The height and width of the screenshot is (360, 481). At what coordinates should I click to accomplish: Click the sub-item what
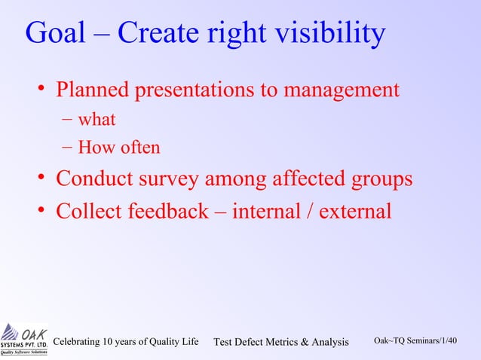97,119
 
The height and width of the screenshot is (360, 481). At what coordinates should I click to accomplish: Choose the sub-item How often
119,147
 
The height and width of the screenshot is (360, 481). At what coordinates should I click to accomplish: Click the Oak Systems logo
24,339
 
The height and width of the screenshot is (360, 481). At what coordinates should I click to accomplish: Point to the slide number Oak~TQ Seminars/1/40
415,341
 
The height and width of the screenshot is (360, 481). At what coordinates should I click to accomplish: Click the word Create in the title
160,35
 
